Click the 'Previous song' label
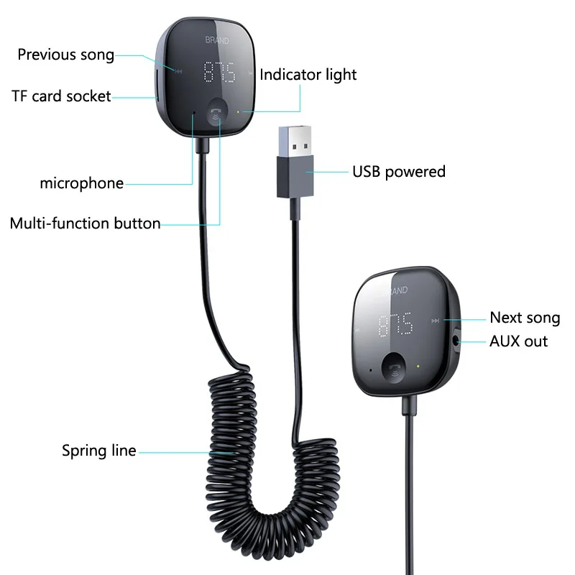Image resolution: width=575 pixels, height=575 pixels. pyautogui.click(x=65, y=55)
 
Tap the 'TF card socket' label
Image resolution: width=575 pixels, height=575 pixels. pyautogui.click(x=61, y=96)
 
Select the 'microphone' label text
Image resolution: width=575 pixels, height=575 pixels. pyautogui.click(x=81, y=183)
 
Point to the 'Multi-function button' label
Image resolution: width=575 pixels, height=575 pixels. pyautogui.click(x=85, y=223)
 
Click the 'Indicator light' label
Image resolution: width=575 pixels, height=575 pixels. pyautogui.click(x=308, y=75)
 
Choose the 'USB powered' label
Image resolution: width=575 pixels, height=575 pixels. pyautogui.click(x=398, y=172)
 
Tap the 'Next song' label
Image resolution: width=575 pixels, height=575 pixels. pyautogui.click(x=524, y=318)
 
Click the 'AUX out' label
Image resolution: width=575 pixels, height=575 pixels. pyautogui.click(x=518, y=341)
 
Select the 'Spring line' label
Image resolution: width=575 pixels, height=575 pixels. pyautogui.click(x=98, y=451)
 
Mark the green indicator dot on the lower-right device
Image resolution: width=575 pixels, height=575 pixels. pyautogui.click(x=419, y=364)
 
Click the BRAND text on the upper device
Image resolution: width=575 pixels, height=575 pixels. pyautogui.click(x=216, y=41)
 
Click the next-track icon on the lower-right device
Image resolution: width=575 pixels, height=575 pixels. pyautogui.click(x=433, y=321)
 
